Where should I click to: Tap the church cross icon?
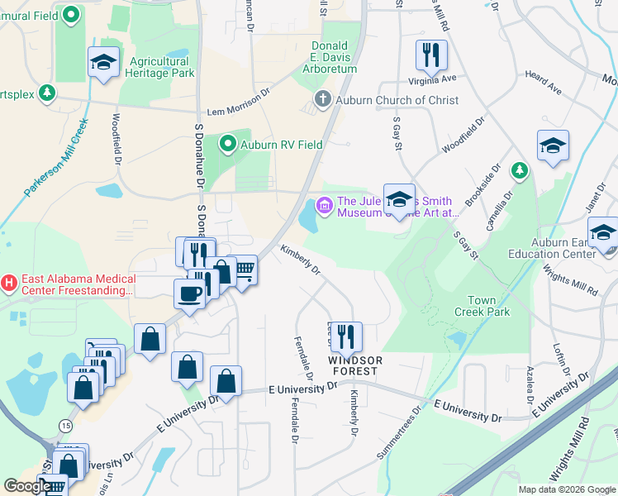[321, 100]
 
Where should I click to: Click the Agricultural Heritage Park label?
[159, 67]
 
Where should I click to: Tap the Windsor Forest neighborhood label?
[356, 365]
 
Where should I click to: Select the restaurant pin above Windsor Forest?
[345, 336]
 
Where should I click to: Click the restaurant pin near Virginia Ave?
[431, 55]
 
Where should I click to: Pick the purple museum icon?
[325, 204]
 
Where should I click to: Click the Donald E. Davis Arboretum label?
[334, 57]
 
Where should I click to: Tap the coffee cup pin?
[189, 293]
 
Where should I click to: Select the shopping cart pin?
[244, 269]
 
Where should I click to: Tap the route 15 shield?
[65, 425]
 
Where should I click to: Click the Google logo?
[27, 486]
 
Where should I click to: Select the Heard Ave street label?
[543, 81]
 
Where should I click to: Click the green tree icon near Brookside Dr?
[519, 170]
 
